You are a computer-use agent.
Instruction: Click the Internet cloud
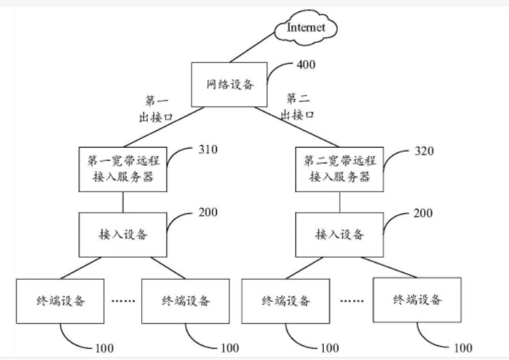pos(306,27)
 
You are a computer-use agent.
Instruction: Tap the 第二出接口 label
pos(298,106)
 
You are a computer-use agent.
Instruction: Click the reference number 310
pos(208,150)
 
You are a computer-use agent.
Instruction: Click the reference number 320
pos(424,151)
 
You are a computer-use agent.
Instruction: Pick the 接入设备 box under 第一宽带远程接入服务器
pos(123,234)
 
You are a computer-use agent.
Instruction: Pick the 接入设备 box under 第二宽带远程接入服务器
pos(340,234)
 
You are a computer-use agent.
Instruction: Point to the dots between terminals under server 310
pos(123,300)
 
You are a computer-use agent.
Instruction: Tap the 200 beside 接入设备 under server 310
pos(208,213)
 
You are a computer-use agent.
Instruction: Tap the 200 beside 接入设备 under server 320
pos(423,213)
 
